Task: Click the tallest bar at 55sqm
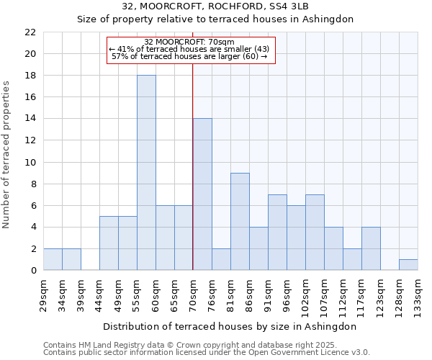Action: click(146, 173)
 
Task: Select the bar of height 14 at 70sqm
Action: click(202, 194)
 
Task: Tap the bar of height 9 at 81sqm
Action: click(240, 222)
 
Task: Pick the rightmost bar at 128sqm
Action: click(408, 265)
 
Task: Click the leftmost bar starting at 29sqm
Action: click(53, 260)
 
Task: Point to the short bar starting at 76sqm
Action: click(221, 260)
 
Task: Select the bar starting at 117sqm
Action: click(371, 249)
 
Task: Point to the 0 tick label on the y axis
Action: click(33, 271)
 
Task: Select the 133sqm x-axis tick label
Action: click(418, 294)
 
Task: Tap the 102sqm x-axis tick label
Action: click(305, 294)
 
